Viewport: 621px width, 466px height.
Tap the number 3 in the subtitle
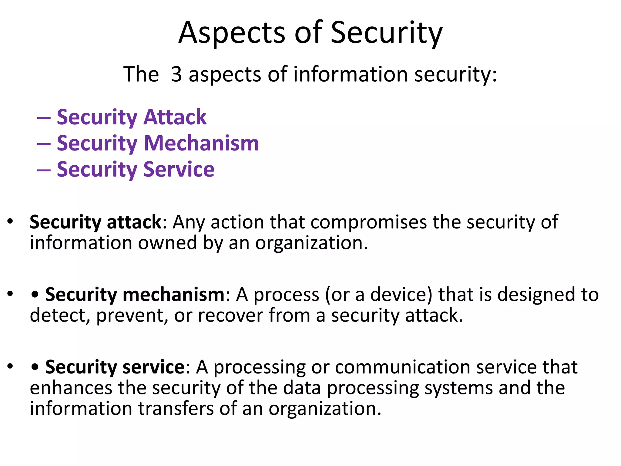coord(176,74)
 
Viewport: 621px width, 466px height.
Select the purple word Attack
coord(175,117)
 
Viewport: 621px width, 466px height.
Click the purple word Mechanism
coord(201,143)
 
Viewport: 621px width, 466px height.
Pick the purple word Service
coord(179,169)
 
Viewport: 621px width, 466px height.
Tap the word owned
coord(168,243)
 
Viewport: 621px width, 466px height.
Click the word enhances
coord(71,388)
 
